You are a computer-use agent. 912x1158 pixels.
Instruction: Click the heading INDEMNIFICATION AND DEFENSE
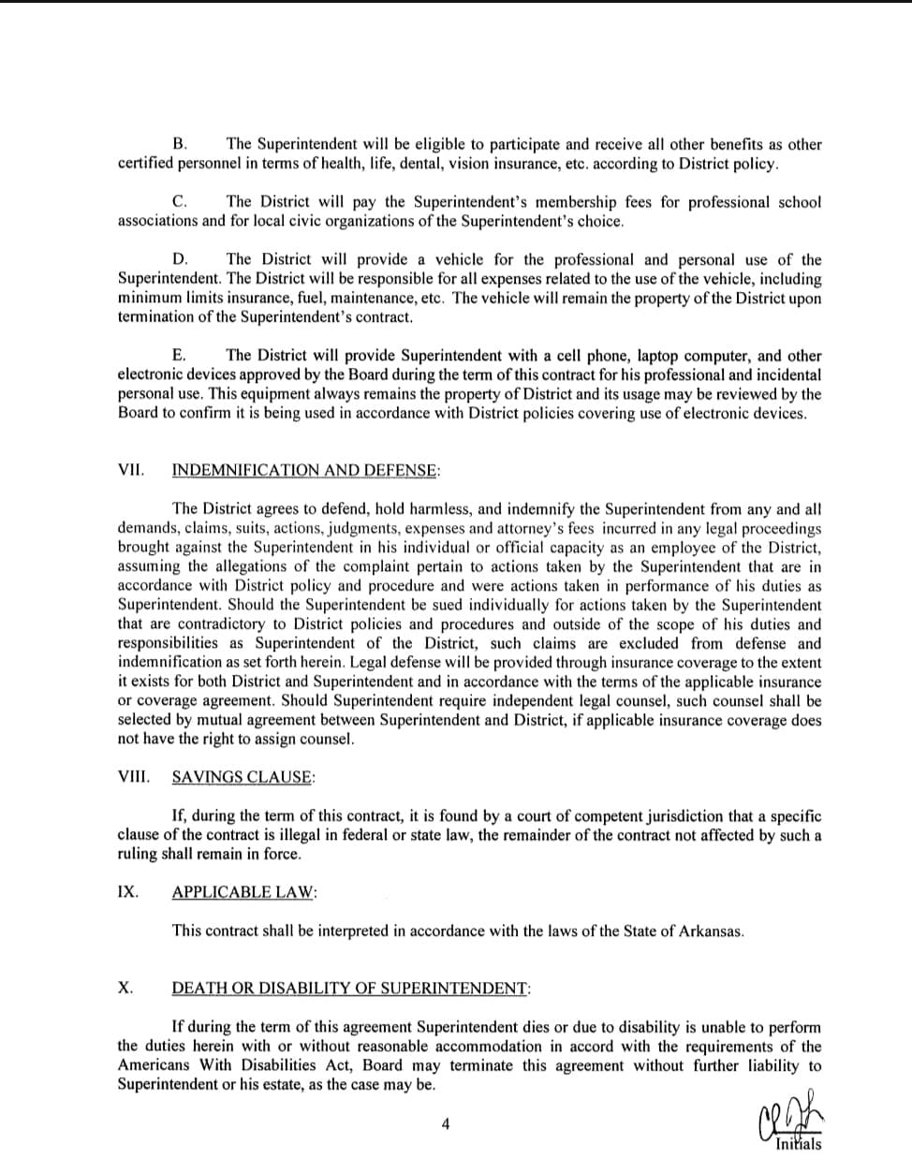[305, 471]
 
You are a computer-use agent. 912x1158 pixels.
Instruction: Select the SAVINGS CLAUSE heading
[243, 777]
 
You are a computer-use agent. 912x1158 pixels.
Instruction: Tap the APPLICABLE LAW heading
[243, 892]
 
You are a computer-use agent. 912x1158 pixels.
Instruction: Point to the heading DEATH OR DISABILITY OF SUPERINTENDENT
[351, 989]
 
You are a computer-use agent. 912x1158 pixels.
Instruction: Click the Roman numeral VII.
[130, 470]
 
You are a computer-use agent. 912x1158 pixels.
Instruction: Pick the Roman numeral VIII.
[133, 777]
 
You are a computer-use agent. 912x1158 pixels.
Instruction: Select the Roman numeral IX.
[127, 892]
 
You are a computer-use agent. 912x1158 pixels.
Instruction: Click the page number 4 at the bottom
[446, 1124]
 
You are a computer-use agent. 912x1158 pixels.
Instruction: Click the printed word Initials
[799, 1144]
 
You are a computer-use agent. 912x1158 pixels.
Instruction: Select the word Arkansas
[710, 931]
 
